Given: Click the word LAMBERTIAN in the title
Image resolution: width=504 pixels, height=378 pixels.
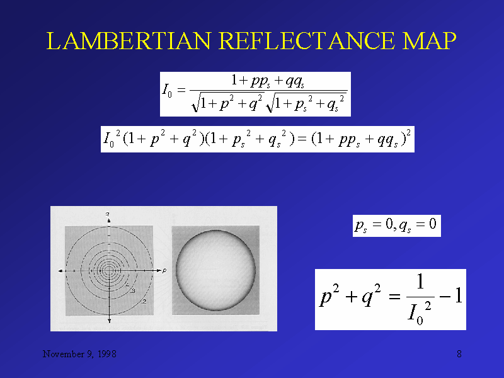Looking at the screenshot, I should [129, 42].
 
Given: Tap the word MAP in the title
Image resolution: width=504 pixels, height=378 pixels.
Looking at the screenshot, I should [428, 42].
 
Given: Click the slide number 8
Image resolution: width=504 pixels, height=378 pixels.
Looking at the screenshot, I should [459, 354].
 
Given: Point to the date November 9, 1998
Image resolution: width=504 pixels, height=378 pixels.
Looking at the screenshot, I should [79, 354].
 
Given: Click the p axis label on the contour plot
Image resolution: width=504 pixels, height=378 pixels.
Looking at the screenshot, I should [164, 270].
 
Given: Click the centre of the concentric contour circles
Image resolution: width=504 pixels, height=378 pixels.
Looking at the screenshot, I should [110, 270].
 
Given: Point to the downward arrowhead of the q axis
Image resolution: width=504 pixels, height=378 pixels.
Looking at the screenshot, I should [110, 321].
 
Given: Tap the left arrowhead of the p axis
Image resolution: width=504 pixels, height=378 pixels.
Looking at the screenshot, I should [60, 270].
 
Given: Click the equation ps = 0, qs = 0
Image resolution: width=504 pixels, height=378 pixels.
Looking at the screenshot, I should [396, 225].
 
